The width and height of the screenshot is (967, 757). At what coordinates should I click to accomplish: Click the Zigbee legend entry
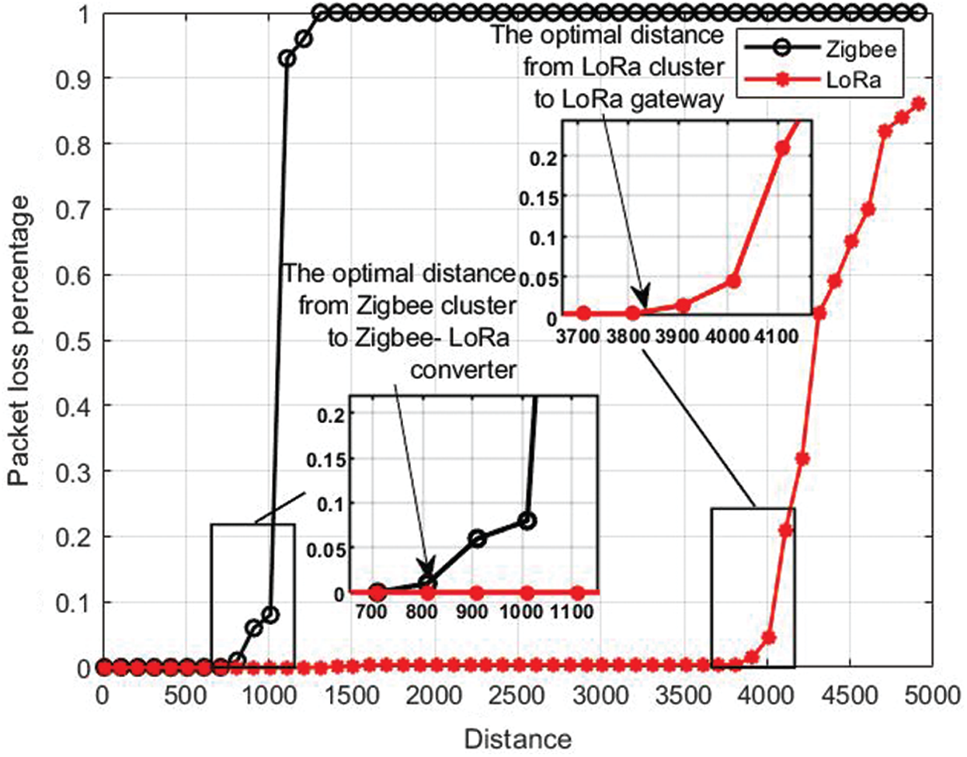pos(861,49)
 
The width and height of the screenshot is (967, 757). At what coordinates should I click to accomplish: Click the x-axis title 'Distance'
pos(517,738)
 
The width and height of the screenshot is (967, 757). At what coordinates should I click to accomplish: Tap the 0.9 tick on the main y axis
pos(71,78)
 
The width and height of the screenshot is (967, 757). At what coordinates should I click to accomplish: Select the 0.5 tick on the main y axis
pos(71,341)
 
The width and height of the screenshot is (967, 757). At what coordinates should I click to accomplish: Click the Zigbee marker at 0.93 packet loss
pos(287,59)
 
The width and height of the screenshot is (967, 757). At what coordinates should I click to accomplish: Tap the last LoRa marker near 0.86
pos(918,103)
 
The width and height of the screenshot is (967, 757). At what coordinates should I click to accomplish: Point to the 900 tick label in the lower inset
pos(471,612)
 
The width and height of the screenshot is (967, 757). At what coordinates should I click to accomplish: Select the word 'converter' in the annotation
pos(463,369)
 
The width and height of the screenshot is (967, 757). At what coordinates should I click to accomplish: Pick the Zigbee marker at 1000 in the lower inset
pos(527,520)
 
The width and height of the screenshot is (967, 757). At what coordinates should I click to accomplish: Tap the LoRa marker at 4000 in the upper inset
pos(733,280)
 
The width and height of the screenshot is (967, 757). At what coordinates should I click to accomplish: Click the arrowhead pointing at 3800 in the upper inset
pos(639,303)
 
